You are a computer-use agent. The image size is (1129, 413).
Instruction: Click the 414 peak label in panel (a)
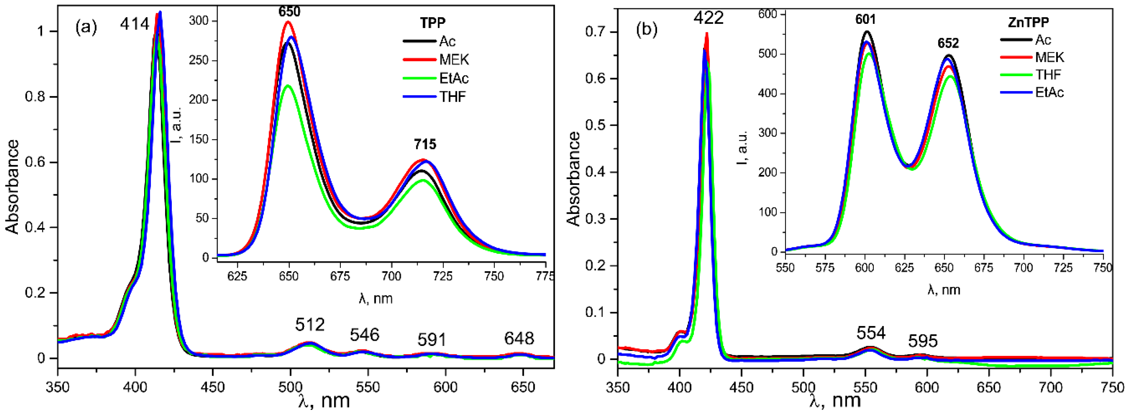click(x=135, y=24)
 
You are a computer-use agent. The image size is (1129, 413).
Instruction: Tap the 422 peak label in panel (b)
click(x=708, y=18)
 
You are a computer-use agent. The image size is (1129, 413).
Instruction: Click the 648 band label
click(x=519, y=339)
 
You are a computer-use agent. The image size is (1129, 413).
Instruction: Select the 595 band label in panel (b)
click(x=922, y=341)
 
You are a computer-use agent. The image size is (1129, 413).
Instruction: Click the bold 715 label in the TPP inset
click(x=425, y=144)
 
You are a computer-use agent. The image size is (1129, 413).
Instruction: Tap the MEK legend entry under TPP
click(x=454, y=60)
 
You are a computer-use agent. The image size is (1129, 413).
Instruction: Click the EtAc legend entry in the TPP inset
click(x=454, y=79)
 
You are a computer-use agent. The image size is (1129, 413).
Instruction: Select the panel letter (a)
click(x=86, y=28)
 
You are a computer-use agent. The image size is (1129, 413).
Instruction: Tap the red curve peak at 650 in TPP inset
click(x=288, y=21)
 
